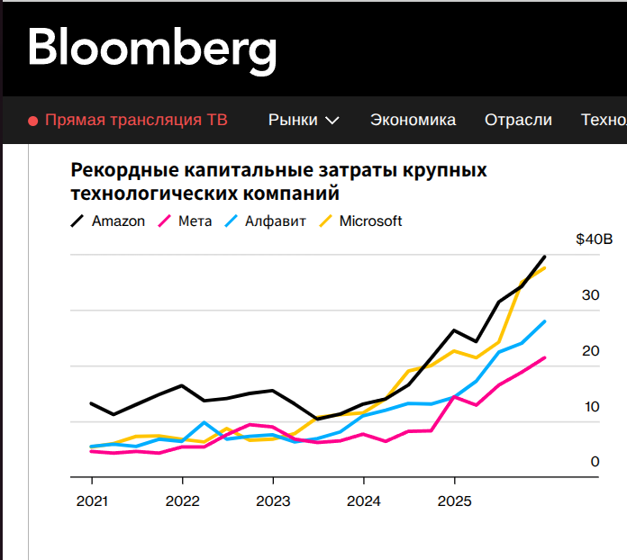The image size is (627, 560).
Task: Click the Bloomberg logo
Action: coord(151,49)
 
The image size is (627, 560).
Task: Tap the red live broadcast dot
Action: coord(32,121)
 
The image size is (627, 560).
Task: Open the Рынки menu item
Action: coord(293,120)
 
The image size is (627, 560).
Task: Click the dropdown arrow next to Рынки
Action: coord(332,121)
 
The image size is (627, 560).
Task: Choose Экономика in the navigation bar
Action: coord(413,120)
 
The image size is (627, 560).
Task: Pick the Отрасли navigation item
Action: coord(518,120)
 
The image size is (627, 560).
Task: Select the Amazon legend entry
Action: coord(118,221)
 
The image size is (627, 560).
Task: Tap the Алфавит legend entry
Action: coord(275,221)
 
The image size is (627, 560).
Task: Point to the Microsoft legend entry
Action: coord(370,221)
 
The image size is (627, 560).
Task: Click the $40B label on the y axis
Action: coord(594,239)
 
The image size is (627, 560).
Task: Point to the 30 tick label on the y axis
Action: coord(590,294)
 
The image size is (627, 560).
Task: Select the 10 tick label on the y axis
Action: coord(591,406)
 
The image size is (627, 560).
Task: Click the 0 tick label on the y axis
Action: coord(595,461)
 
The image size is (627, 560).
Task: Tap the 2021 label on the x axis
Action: coord(91,501)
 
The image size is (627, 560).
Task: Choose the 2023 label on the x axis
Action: coord(273,501)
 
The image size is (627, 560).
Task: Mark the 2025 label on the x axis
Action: coord(455,501)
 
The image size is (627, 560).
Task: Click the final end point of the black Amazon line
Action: coord(545,257)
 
